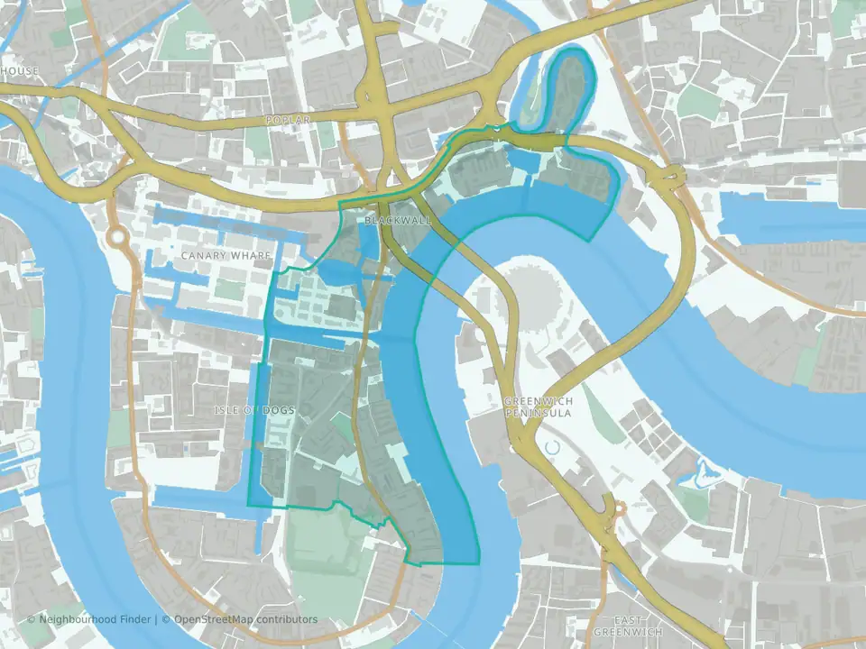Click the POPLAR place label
289,120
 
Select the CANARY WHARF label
226,256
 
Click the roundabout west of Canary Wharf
116,238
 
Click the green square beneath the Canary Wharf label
229,289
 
